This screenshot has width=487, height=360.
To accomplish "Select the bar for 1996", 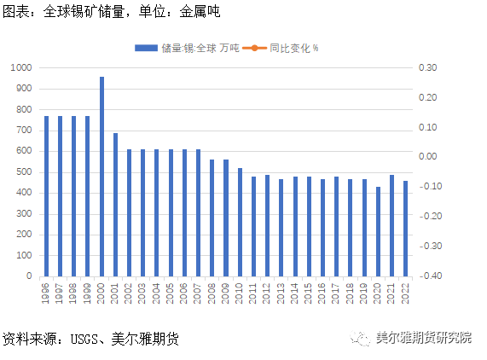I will pyautogui.click(x=47, y=196).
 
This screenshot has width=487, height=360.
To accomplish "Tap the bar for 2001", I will pyautogui.click(x=115, y=205).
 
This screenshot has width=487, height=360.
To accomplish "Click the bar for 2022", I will pyautogui.click(x=405, y=229).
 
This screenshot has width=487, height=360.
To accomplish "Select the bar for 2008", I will pyautogui.click(x=212, y=218).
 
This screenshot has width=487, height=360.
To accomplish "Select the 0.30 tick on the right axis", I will pyautogui.click(x=426, y=67).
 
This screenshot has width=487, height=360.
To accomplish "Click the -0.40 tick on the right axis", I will pyautogui.click(x=426, y=276).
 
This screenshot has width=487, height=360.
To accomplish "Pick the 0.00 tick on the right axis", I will pyautogui.click(x=426, y=157).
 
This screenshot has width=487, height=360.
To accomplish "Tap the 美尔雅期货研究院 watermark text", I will pyautogui.click(x=425, y=338).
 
